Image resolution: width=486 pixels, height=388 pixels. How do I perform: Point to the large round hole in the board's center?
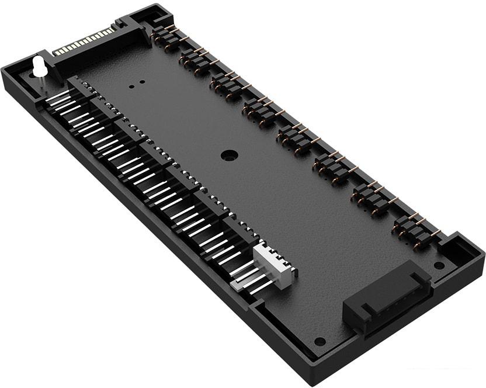[229, 156]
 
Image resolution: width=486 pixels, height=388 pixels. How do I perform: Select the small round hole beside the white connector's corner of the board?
[320, 341]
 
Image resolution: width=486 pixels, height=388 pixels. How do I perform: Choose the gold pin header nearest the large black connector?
[416, 230]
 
